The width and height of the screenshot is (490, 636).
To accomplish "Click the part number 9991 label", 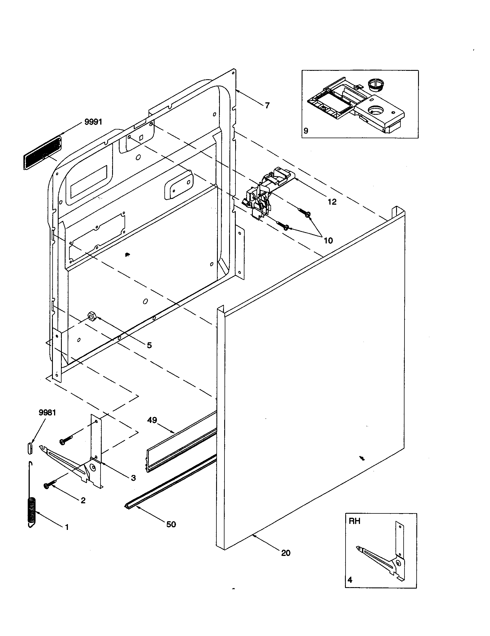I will (93, 122).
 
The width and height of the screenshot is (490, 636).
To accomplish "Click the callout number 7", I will (267, 105).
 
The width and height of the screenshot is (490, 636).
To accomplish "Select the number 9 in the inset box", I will (306, 131).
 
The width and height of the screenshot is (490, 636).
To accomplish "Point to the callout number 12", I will (332, 202).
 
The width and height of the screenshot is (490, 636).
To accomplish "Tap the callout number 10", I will (328, 240).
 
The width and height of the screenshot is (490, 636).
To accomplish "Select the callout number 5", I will (149, 345).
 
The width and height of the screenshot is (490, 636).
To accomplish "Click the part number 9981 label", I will (47, 413).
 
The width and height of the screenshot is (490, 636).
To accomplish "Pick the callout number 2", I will (83, 500).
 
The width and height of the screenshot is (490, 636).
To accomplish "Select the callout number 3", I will (133, 478).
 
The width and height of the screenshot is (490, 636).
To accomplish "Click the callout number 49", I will (152, 420).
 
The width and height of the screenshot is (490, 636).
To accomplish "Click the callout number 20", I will (286, 553).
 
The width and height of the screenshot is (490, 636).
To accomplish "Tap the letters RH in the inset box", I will (354, 521).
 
